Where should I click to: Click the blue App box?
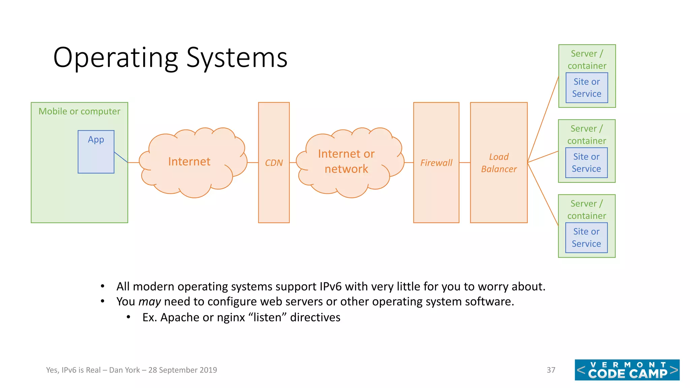coord(96,152)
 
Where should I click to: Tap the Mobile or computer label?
coord(79,111)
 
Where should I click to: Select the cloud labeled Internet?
coord(189,162)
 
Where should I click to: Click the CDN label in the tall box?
coord(274,163)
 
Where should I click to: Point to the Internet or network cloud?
coord(346,161)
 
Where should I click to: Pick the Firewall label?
coord(436,163)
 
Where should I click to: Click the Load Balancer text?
coord(499,163)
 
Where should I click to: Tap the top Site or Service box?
coord(587,88)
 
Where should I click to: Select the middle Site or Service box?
coord(586,163)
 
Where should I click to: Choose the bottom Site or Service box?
coord(586,237)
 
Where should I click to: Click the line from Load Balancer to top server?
coord(543,120)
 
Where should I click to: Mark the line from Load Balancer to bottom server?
coord(543,194)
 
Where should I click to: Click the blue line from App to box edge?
coord(121,157)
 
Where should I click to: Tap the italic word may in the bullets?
coord(149,301)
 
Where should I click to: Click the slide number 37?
coord(551,370)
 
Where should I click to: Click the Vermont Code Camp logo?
coord(627,370)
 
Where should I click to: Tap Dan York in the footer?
coord(124,370)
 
